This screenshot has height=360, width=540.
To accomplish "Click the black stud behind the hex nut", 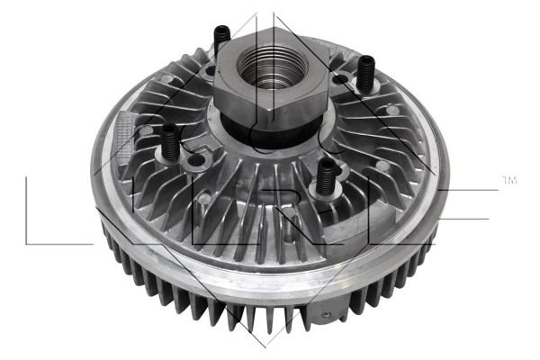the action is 221,40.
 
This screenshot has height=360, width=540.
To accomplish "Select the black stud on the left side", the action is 170,142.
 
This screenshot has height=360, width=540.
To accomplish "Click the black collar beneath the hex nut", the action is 272,130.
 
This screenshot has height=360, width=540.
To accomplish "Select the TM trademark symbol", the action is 509,180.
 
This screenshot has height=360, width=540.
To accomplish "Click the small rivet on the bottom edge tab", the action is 328,314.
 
